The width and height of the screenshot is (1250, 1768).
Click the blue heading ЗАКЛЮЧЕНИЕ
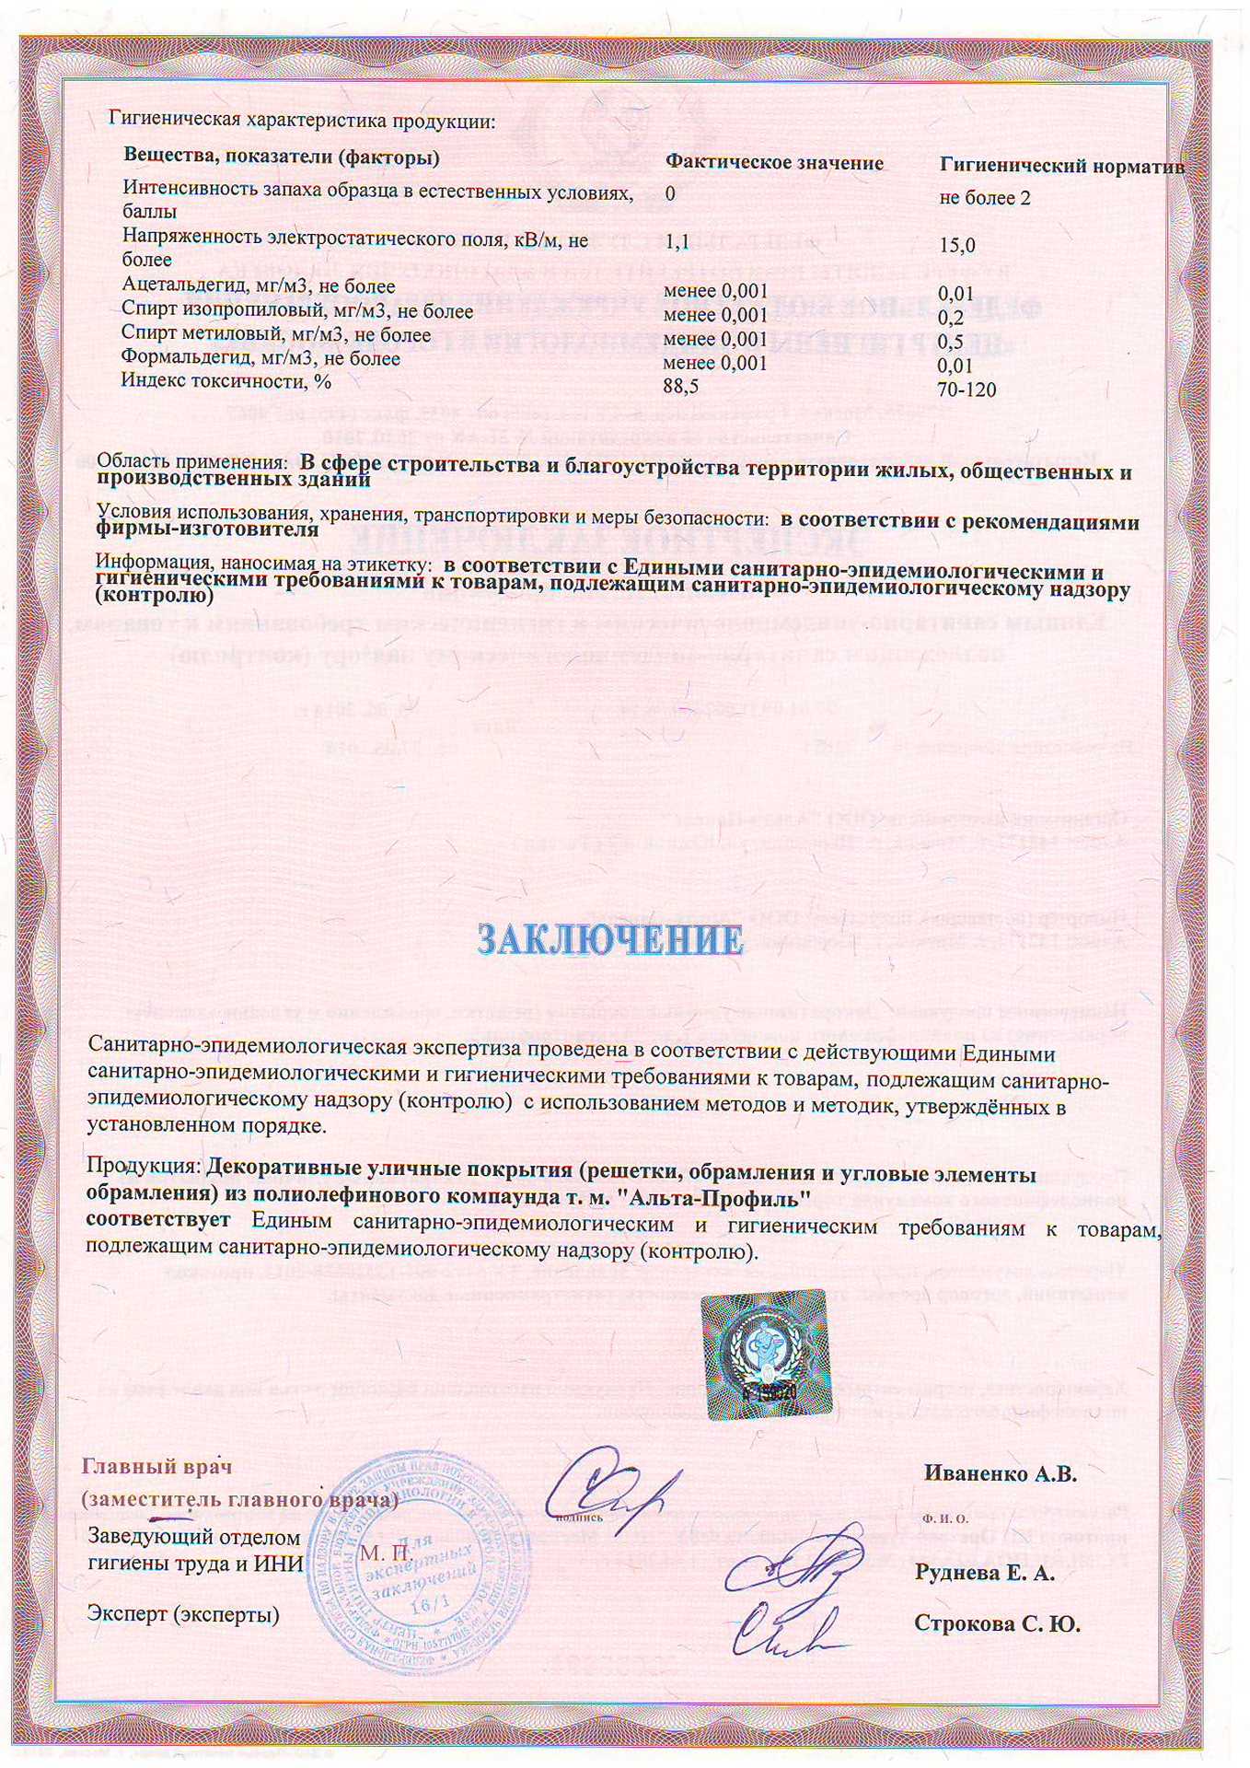point(610,939)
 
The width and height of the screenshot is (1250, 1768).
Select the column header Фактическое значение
point(774,163)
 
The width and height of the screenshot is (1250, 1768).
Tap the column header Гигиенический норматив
point(1061,166)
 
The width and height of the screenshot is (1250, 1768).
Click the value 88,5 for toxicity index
point(680,386)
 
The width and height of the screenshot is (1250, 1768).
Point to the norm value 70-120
point(966,390)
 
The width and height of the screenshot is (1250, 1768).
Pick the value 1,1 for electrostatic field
point(677,241)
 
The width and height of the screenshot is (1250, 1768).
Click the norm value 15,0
point(956,245)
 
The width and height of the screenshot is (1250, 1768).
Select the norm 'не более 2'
point(985,198)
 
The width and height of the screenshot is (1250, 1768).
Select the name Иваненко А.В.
point(1000,1473)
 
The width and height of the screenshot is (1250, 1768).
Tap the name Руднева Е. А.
point(984,1573)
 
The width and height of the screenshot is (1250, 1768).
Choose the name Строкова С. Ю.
point(997,1623)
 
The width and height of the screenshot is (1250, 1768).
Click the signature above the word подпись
point(610,1482)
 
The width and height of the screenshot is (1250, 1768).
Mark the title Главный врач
point(157,1466)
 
